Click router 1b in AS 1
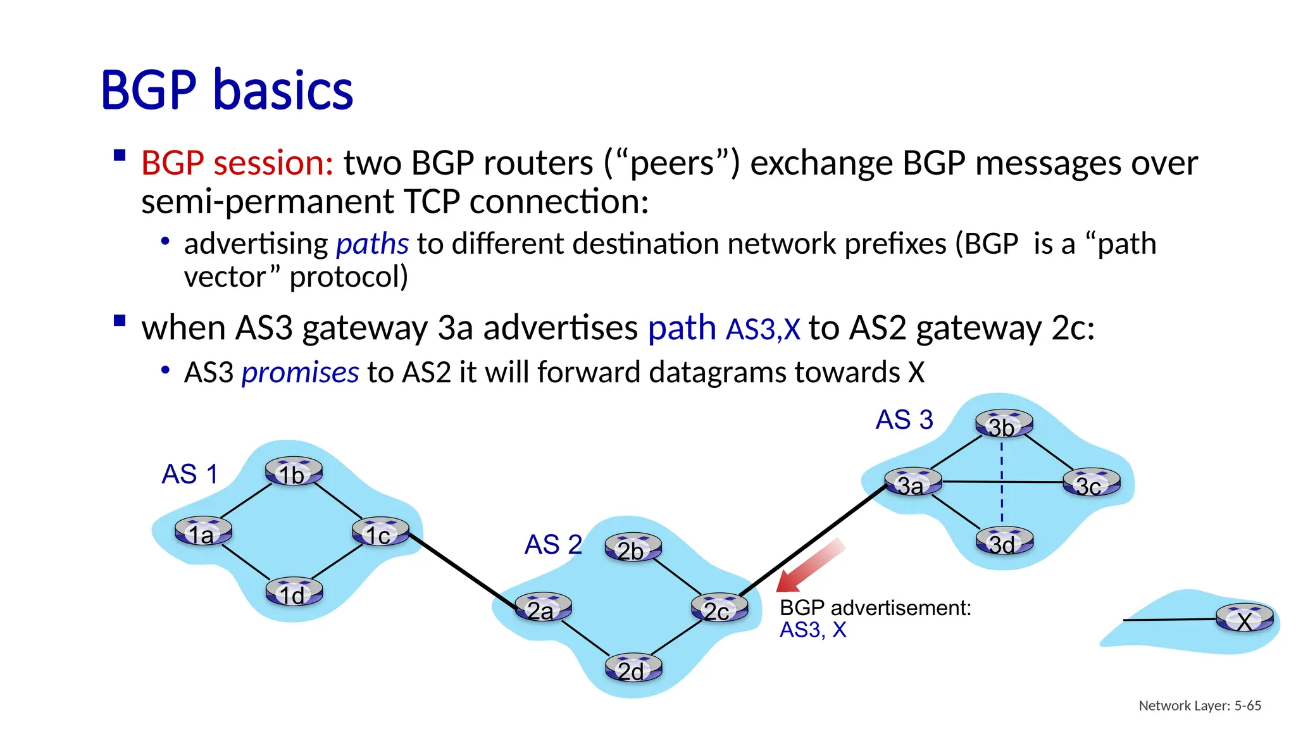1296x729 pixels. click(294, 471)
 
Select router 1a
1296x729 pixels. click(203, 532)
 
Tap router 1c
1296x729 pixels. click(380, 532)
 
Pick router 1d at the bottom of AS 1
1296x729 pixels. click(294, 592)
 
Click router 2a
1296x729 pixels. click(543, 607)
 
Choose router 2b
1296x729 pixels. click(633, 548)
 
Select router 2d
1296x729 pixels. click(633, 668)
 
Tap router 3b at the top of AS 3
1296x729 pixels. click(1004, 424)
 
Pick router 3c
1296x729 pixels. click(1091, 483)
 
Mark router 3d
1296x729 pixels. click(1004, 542)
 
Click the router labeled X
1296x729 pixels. click(1244, 618)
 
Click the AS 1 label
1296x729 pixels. click(190, 474)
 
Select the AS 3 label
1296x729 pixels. click(904, 420)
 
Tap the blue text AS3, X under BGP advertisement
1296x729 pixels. click(813, 630)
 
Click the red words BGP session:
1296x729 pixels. click(237, 163)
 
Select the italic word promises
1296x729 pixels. click(300, 373)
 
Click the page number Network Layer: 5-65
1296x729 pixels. click(1199, 706)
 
